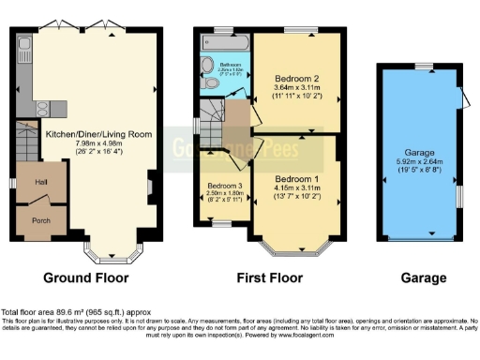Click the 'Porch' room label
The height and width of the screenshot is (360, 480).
point(32,223)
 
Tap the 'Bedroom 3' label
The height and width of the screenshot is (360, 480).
point(225,186)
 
